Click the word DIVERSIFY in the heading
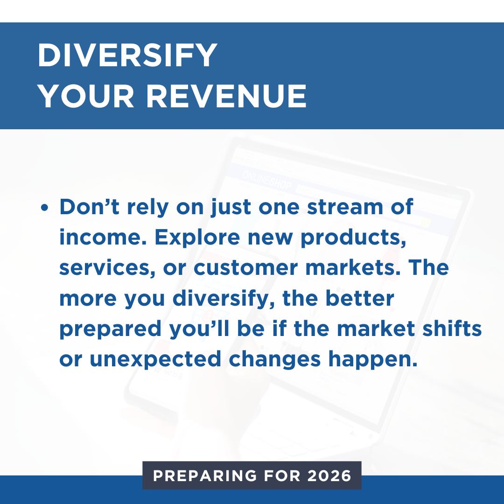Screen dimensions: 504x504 pos(127,55)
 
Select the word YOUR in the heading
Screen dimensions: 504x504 pos(85,96)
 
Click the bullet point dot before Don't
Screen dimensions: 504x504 pos(45,207)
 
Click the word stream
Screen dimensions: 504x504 pos(345,207)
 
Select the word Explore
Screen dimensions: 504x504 pos(197,238)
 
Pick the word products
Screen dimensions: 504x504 pos(353,238)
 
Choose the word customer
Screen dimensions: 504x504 pos(246,268)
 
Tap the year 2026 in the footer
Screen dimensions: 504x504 pos(329,476)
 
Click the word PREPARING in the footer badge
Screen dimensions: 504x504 pos(205,476)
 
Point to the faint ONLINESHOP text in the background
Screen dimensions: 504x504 pos(267,180)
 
